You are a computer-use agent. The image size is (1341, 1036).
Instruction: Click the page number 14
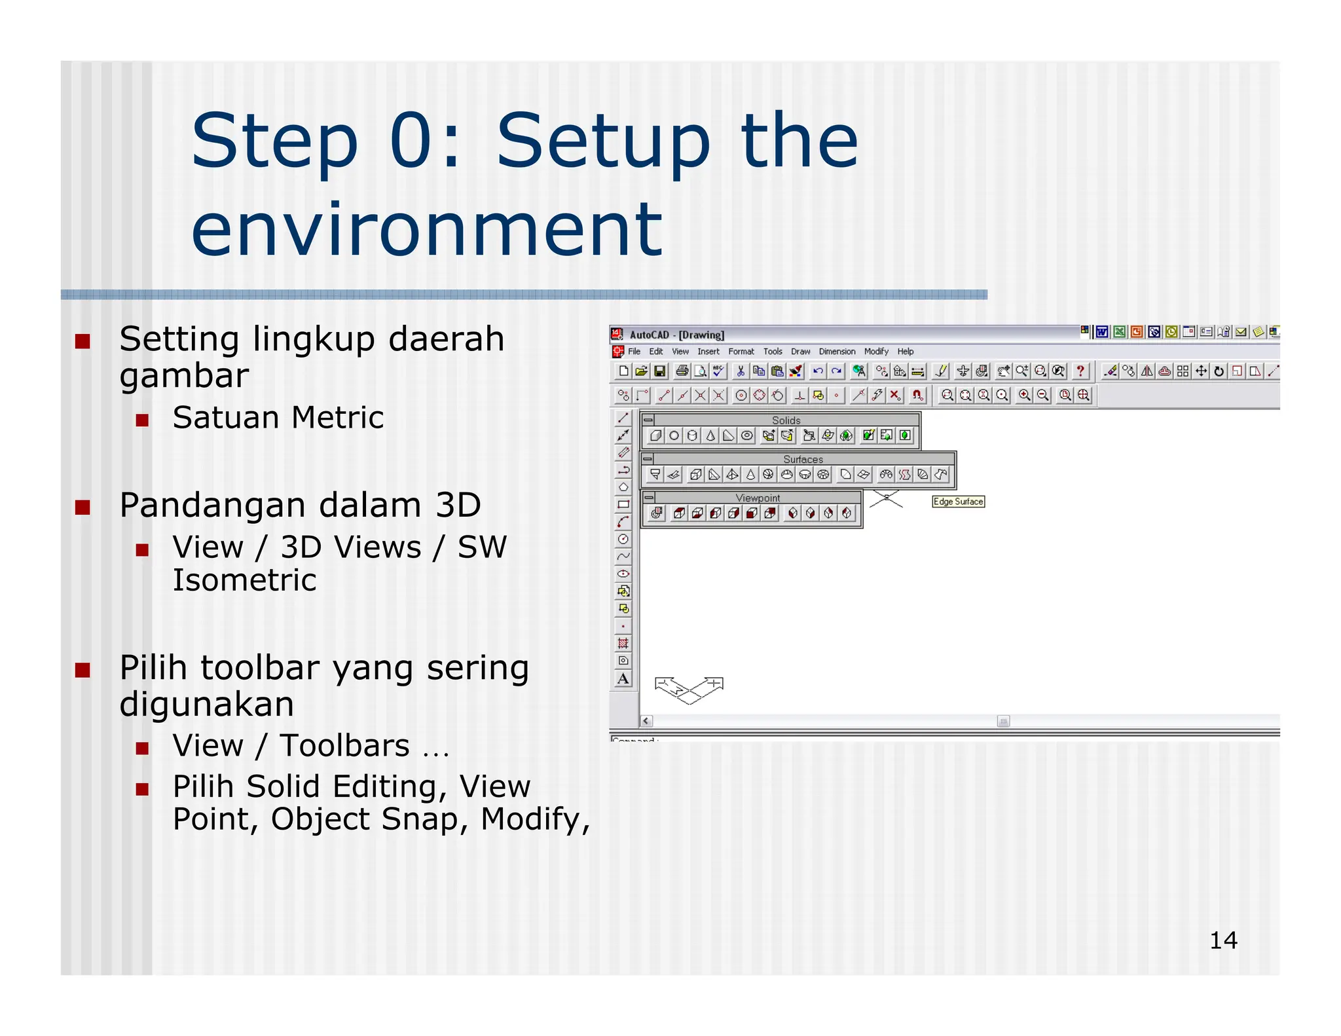[x=1222, y=940]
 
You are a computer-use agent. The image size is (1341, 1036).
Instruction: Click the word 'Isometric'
[x=244, y=580]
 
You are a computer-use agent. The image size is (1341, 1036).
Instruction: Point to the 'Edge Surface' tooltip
[x=958, y=502]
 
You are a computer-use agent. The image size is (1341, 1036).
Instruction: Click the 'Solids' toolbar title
[x=786, y=420]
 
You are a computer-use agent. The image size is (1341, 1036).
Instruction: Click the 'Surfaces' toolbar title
[x=803, y=460]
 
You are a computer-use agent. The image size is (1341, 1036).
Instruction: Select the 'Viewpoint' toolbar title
[x=758, y=498]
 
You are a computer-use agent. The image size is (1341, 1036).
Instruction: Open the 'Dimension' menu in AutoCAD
[x=837, y=352]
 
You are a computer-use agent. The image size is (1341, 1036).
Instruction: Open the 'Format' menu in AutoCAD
[x=741, y=352]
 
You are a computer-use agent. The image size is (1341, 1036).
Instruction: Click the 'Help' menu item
[x=905, y=352]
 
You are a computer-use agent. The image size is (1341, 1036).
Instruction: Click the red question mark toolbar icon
[x=1080, y=371]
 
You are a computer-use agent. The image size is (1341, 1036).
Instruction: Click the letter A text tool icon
[x=623, y=678]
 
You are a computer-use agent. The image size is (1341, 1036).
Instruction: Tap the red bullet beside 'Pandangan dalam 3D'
[x=83, y=508]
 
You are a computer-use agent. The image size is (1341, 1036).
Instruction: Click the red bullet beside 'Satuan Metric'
[x=143, y=420]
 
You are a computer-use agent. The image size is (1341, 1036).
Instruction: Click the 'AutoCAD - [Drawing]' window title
[x=676, y=335]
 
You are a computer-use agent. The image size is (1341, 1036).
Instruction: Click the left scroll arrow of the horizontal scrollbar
[x=646, y=721]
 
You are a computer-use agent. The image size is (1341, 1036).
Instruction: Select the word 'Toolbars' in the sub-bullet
[x=344, y=746]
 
